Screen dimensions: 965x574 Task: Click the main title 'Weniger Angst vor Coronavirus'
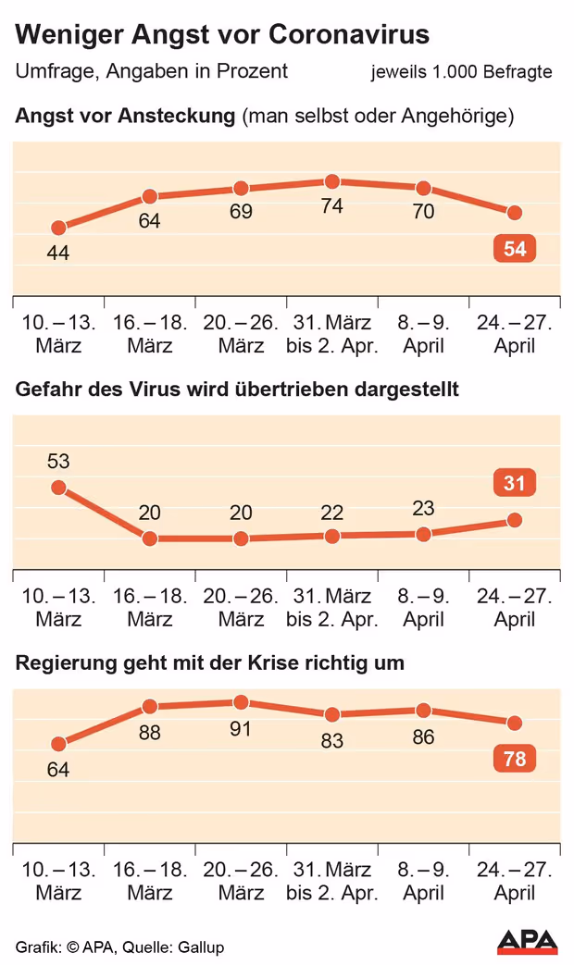[x=222, y=34]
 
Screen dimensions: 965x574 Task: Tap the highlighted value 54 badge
[x=515, y=250]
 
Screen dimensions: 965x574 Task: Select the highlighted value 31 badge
[x=515, y=483]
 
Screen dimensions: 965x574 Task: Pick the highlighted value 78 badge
[x=515, y=760]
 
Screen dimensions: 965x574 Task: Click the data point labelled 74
[x=332, y=182]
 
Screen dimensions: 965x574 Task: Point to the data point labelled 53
[x=58, y=488]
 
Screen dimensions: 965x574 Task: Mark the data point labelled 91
[x=241, y=702]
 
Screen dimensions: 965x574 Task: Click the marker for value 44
[x=58, y=228]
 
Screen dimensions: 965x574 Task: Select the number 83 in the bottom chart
[x=332, y=740]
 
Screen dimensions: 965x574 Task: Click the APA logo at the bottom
[x=528, y=942]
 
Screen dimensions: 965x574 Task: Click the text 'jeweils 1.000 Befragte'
[x=461, y=71]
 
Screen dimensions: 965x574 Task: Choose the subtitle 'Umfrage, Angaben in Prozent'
[x=152, y=71]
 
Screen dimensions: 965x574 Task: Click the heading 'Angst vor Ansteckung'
[x=125, y=117]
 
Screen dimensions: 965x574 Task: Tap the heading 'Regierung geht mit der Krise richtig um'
[x=210, y=663]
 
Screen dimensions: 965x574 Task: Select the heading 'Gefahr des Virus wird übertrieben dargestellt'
[x=237, y=390]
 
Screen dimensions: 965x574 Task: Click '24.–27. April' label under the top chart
[x=515, y=334]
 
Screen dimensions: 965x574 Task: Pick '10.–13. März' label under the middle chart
[x=58, y=607]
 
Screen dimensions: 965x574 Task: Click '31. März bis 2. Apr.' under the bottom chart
[x=332, y=881]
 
